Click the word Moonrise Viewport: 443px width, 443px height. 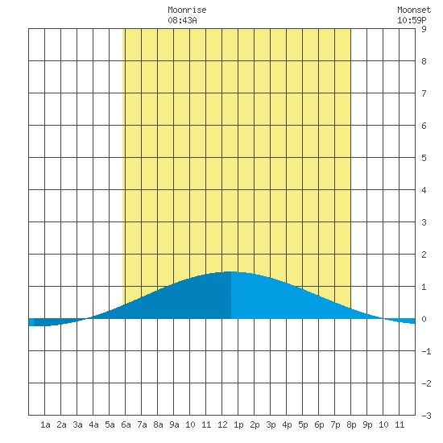click(187, 10)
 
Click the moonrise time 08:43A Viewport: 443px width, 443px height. click(182, 20)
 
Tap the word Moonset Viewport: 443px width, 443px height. click(414, 10)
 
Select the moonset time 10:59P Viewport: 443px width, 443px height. click(412, 20)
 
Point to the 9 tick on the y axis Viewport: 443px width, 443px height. click(424, 29)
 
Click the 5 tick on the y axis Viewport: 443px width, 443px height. click(424, 158)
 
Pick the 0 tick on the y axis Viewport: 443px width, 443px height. click(424, 319)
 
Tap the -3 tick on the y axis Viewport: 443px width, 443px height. click(426, 416)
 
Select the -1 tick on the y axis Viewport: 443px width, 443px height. click(426, 351)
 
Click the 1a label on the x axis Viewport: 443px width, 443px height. click(45, 424)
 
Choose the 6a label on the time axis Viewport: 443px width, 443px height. click(126, 424)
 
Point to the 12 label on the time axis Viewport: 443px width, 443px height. click(222, 424)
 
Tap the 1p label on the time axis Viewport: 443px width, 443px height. click(238, 424)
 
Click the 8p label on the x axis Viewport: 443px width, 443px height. click(351, 424)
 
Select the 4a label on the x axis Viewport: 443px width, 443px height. click(93, 424)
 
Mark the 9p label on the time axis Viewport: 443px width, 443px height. click(367, 424)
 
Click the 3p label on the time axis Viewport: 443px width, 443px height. click(271, 424)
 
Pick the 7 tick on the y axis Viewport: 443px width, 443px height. click(424, 93)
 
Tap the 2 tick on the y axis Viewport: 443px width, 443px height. click(424, 255)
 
